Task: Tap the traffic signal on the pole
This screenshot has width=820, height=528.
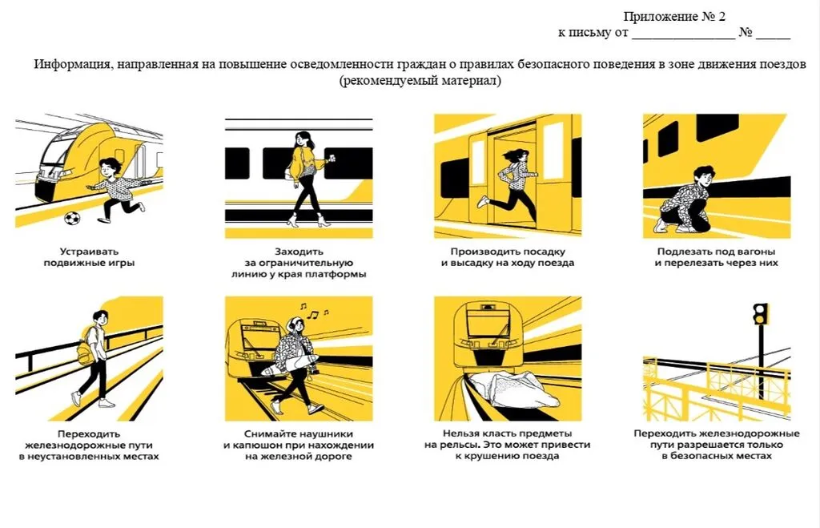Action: [760, 313]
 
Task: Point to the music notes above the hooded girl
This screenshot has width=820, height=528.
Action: [307, 310]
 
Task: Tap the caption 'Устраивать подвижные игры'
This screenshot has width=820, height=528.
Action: [88, 256]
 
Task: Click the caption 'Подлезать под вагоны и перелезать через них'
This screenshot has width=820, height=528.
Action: [715, 256]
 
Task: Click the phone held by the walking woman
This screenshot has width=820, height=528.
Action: [331, 160]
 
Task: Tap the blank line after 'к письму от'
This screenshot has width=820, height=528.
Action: [682, 34]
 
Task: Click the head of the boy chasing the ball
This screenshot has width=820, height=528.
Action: [109, 167]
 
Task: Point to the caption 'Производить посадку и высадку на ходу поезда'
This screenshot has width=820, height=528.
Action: [507, 256]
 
